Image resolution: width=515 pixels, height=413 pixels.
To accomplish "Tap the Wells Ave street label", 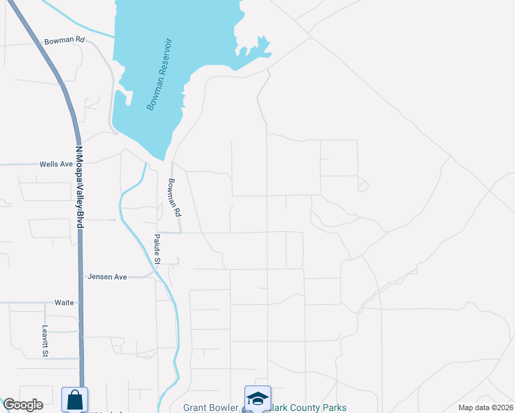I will (56, 165).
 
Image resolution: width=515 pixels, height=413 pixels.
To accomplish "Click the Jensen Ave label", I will (107, 277).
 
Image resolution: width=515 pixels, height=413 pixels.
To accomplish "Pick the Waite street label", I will (64, 303).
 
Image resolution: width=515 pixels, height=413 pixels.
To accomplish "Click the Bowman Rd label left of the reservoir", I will (64, 41).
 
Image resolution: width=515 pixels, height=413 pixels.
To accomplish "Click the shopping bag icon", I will (74, 399).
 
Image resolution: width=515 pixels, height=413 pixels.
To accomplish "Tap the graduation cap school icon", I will (257, 399).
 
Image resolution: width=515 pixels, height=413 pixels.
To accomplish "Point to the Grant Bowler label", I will (209, 407).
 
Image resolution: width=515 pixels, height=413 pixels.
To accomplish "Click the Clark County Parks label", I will (308, 407).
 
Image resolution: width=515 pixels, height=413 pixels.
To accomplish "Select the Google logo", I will (23, 405).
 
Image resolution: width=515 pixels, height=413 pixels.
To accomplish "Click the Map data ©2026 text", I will (485, 407).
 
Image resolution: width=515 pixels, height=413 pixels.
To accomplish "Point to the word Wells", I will (49, 165).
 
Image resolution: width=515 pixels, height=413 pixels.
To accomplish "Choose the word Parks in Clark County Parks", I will (335, 407).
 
